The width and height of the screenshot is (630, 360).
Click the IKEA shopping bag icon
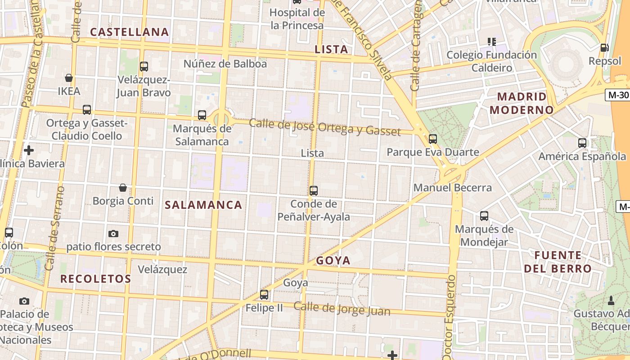click(x=69, y=78)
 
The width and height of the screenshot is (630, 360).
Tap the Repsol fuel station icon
click(x=604, y=47)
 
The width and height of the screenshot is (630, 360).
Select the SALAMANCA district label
click(x=203, y=205)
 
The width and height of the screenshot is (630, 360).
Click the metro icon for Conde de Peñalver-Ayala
click(x=314, y=191)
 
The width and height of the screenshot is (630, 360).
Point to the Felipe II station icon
click(x=264, y=295)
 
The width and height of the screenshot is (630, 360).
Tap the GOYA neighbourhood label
click(x=333, y=261)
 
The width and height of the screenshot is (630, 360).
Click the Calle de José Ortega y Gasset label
click(x=324, y=127)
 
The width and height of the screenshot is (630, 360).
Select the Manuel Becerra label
click(x=452, y=187)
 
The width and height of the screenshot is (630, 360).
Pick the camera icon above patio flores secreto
click(x=113, y=234)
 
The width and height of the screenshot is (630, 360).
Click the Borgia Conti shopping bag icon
click(x=123, y=188)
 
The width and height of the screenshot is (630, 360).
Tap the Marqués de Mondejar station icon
click(x=484, y=216)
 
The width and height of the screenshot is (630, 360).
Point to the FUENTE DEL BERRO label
click(x=558, y=262)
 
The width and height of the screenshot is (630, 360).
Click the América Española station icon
click(x=582, y=143)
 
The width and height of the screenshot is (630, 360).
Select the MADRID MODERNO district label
click(x=522, y=103)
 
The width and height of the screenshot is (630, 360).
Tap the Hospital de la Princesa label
click(x=297, y=19)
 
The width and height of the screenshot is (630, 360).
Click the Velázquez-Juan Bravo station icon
click(x=144, y=67)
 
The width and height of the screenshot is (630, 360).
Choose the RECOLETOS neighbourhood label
click(x=95, y=279)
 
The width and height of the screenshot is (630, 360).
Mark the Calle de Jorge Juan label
click(x=342, y=309)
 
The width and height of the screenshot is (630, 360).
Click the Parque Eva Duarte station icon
click(x=433, y=139)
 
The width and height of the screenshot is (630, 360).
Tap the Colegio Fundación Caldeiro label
click(x=491, y=61)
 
